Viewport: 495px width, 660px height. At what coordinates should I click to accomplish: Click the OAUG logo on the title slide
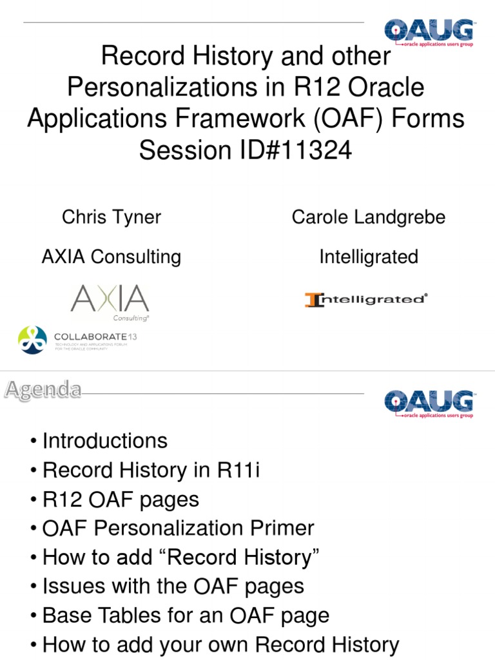point(429,34)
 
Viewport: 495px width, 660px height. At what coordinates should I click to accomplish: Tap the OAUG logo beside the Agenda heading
point(429,404)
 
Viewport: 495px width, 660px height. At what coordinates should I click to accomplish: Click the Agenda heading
point(44,389)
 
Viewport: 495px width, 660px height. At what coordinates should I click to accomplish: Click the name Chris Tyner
point(112,217)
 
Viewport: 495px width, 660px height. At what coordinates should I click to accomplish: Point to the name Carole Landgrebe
point(368,217)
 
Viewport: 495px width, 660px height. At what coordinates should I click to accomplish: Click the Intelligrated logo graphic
point(366,299)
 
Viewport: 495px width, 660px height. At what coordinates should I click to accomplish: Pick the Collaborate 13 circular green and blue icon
point(32,340)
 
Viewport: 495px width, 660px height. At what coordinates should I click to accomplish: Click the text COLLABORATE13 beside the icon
point(96,336)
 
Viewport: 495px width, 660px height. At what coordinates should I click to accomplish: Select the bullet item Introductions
point(104,441)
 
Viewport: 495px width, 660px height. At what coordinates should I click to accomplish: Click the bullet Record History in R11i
point(151,470)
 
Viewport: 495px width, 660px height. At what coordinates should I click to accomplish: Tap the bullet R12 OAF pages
point(121,500)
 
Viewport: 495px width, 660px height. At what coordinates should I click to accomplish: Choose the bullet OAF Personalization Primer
point(178,529)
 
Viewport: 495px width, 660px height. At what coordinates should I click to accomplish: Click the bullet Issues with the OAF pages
point(173,587)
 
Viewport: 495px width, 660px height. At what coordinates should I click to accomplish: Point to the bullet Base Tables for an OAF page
point(186,616)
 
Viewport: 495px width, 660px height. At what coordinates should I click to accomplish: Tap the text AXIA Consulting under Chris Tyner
point(112,257)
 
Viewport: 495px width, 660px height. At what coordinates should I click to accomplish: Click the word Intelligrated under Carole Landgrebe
point(368,257)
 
